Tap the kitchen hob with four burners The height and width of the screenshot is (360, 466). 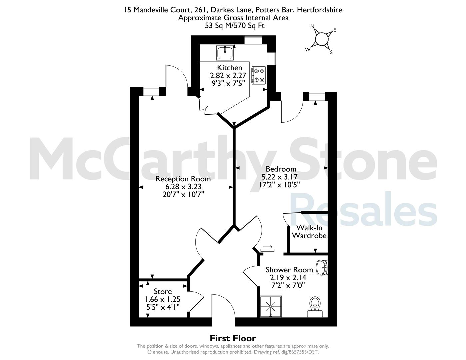coord(258,75)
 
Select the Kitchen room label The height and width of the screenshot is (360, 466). coord(229,68)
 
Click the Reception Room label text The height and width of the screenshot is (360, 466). coord(183,179)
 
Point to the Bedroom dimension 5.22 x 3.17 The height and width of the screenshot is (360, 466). coord(279,177)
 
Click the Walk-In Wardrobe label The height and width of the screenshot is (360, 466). coord(309,232)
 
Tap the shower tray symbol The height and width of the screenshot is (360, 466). coord(271,307)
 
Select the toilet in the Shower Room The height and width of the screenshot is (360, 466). coord(315,307)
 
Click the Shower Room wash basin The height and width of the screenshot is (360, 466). coord(322,268)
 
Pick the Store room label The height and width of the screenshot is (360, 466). coord(163,291)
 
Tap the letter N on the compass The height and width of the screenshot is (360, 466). coord(312,26)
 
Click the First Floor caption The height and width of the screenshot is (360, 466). coord(233,338)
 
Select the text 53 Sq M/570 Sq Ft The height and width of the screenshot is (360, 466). coord(235,26)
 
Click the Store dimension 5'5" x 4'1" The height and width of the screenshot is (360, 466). coord(163,307)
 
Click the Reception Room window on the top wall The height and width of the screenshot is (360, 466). coord(151,91)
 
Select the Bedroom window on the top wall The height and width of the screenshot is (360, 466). coord(317,96)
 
